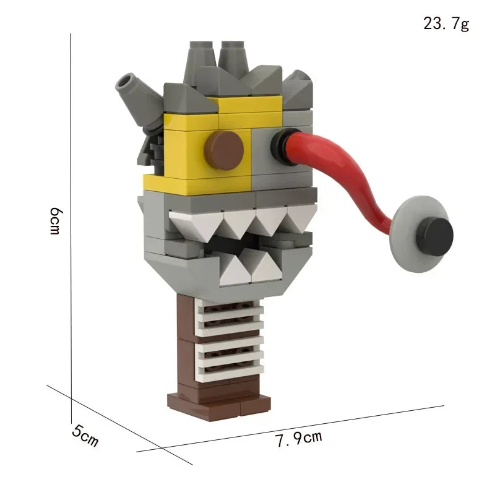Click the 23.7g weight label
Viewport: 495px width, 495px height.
coord(446,24)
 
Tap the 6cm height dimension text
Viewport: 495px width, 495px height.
coord(55,220)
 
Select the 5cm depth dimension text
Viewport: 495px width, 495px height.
coord(85,437)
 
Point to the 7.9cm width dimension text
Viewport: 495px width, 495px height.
coord(299,439)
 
